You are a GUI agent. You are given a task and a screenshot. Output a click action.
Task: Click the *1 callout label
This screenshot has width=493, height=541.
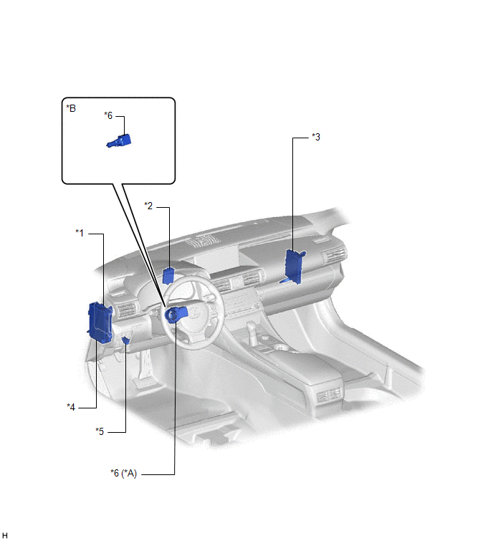[x=80, y=233]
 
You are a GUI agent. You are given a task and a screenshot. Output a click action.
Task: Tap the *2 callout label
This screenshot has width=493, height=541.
[x=148, y=206]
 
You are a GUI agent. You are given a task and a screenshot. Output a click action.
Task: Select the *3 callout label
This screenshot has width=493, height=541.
[x=316, y=137]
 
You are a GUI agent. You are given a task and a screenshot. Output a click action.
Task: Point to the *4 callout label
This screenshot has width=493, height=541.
[x=71, y=407]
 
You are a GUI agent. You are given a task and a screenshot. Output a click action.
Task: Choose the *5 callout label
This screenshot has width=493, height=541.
[x=100, y=431]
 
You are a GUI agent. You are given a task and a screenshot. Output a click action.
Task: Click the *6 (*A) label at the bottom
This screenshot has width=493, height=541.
[x=123, y=473]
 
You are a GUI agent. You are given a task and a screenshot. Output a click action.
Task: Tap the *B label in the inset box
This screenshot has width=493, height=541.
[x=71, y=108]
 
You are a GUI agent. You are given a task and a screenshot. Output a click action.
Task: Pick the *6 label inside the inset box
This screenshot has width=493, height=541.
[x=108, y=115]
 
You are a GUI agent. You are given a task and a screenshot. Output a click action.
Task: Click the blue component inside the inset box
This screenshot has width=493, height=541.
[x=120, y=141]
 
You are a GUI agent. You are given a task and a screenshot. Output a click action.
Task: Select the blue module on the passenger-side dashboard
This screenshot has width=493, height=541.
[x=294, y=267]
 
